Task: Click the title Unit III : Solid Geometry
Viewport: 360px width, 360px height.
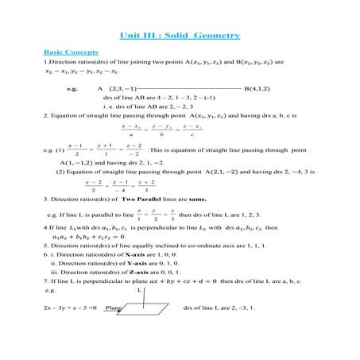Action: [x=179, y=36]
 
